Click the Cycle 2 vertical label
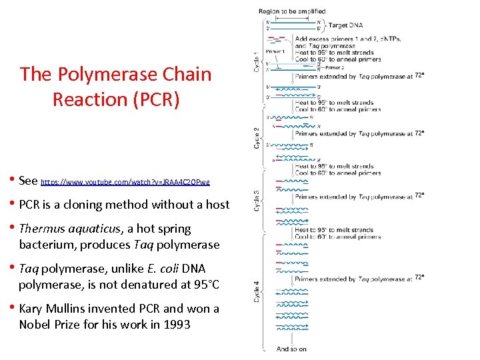(x=258, y=137)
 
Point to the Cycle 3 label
(x=258, y=202)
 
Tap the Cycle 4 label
(x=258, y=291)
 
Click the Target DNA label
(x=347, y=25)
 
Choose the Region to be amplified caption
(x=292, y=11)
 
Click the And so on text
(x=291, y=349)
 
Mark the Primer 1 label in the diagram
(x=275, y=51)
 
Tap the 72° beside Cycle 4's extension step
(x=420, y=277)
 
